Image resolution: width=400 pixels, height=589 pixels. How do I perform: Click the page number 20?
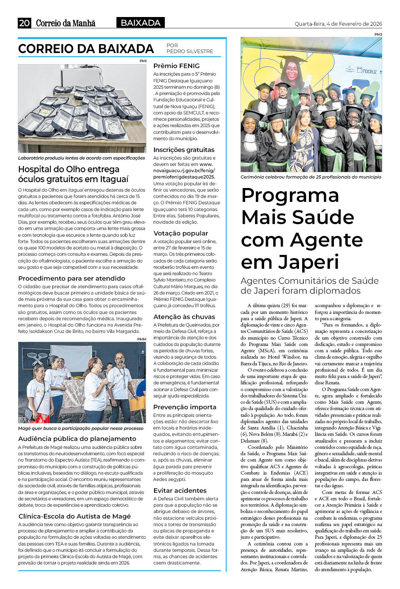pyautogui.click(x=24, y=23)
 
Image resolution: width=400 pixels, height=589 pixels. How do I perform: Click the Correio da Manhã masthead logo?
pyautogui.click(x=66, y=23)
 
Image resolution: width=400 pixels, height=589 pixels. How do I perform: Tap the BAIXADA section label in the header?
pyautogui.click(x=140, y=23)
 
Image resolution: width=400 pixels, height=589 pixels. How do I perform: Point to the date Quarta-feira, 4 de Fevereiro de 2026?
pyautogui.click(x=338, y=24)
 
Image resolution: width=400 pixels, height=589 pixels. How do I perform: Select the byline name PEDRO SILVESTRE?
pyautogui.click(x=190, y=51)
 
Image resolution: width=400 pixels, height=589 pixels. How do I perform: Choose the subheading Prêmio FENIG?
pyautogui.click(x=176, y=66)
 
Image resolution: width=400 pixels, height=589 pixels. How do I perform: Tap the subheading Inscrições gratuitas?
pyautogui.click(x=184, y=150)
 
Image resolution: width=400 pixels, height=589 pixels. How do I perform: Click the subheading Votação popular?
pyautogui.click(x=180, y=233)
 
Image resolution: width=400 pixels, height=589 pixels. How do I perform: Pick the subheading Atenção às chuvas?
pyautogui.click(x=184, y=317)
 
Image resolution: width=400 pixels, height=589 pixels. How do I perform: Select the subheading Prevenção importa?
pyautogui.click(x=185, y=407)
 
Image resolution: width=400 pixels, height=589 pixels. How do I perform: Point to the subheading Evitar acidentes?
pyautogui.click(x=180, y=490)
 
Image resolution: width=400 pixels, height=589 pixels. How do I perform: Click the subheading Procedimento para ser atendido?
pyautogui.click(x=72, y=278)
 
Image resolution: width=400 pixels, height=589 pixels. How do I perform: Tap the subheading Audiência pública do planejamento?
pyautogui.click(x=77, y=439)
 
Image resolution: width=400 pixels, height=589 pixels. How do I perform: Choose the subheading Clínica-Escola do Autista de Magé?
pyautogui.click(x=74, y=516)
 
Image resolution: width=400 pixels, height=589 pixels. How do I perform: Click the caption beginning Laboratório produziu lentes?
pyautogui.click(x=82, y=158)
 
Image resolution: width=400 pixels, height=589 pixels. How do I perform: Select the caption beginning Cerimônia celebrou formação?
pyautogui.click(x=310, y=177)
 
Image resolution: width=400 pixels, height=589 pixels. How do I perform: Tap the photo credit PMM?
pyautogui.click(x=141, y=339)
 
